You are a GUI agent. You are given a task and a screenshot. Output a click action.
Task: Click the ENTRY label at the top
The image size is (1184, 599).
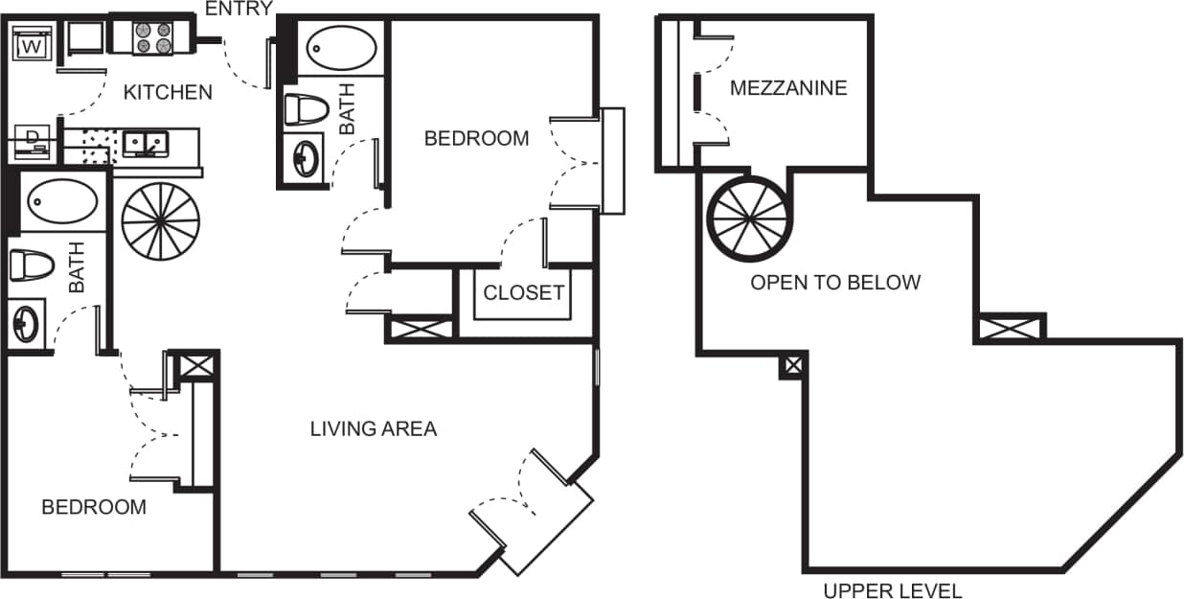[239, 9]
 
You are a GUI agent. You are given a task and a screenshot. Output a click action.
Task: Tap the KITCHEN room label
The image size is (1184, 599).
[168, 93]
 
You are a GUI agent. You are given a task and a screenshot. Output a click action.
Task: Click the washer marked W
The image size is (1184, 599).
[31, 44]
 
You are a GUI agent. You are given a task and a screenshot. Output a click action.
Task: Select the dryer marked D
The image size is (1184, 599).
[32, 140]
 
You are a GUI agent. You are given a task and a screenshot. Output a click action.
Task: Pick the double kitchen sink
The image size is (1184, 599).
[146, 145]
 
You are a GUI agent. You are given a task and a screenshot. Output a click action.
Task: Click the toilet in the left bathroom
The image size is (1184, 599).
[31, 265]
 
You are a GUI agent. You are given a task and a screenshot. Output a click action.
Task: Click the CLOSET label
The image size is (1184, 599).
[523, 293]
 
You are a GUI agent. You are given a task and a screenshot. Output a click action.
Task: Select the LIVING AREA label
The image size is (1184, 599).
[373, 429]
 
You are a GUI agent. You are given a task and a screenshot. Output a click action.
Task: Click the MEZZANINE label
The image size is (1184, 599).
[788, 88]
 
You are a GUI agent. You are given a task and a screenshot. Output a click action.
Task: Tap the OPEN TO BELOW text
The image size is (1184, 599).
[834, 283]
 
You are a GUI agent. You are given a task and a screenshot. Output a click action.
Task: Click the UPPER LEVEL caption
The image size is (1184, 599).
[892, 590]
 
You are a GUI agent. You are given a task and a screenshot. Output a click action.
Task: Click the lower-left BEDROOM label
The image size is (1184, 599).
[94, 507]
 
